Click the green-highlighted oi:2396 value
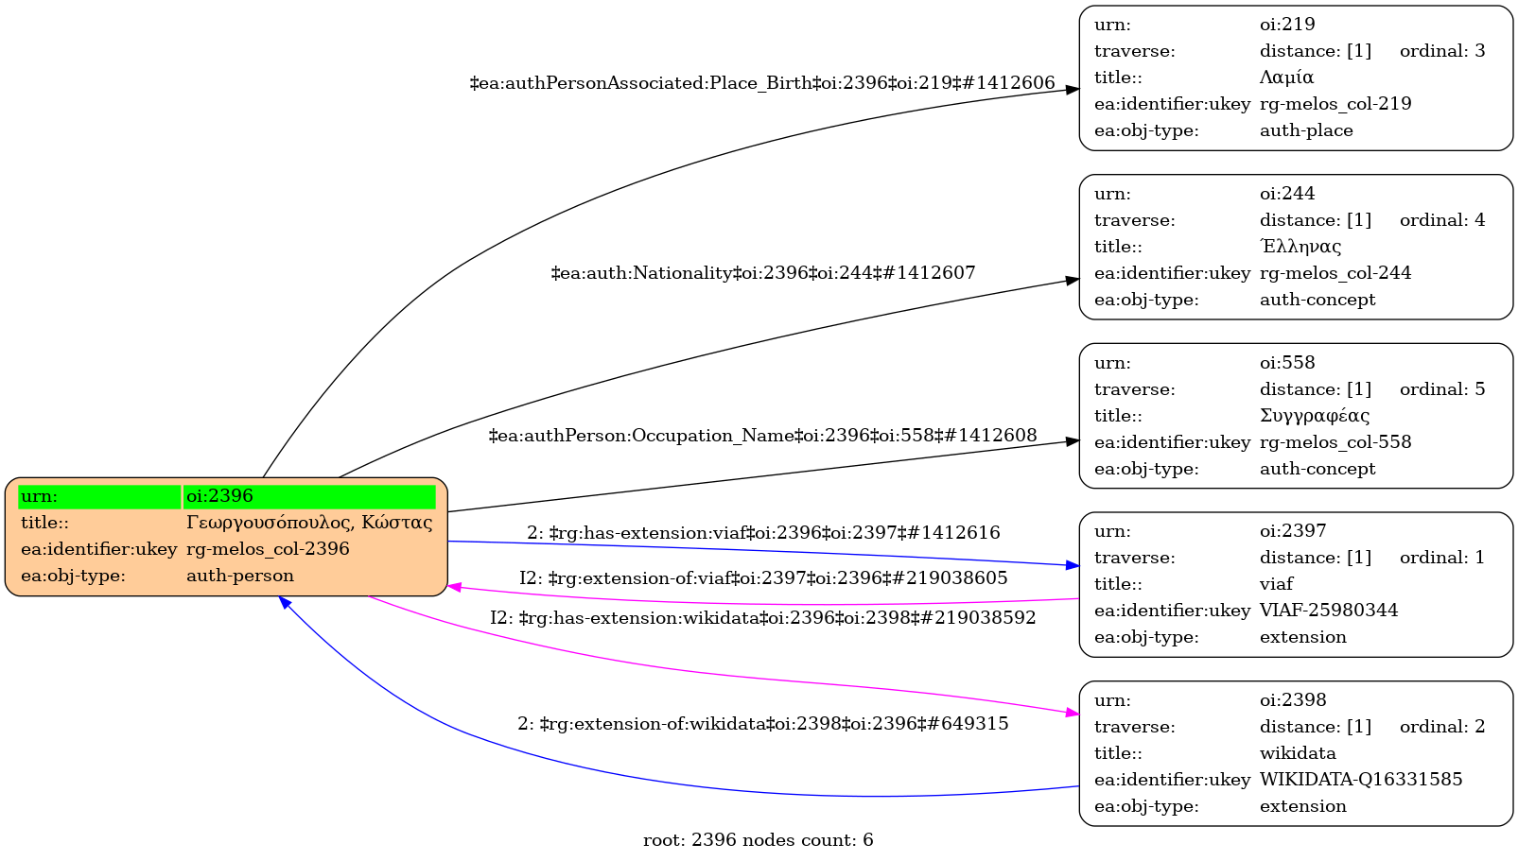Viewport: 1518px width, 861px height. (x=309, y=496)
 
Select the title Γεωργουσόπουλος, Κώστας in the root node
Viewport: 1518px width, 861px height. (x=309, y=523)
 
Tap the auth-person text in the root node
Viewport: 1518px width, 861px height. (x=240, y=576)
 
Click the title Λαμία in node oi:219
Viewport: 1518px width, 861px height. (x=1286, y=77)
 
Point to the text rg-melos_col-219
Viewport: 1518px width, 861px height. (x=1335, y=104)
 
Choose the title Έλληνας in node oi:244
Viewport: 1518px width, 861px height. (x=1300, y=247)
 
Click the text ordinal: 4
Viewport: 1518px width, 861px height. (x=1442, y=220)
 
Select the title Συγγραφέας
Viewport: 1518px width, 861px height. (x=1315, y=416)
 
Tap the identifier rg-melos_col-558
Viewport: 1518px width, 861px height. (x=1335, y=442)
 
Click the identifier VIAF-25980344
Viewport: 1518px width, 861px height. (x=1329, y=611)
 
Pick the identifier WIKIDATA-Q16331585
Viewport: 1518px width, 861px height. (x=1361, y=780)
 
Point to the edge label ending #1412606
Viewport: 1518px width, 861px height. (x=762, y=83)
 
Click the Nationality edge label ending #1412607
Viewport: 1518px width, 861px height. (x=763, y=273)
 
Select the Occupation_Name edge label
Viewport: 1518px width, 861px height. (x=762, y=436)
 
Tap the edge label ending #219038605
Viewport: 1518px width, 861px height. (x=763, y=578)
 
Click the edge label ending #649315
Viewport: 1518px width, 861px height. (x=763, y=724)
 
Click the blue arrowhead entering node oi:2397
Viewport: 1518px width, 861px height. (x=1073, y=565)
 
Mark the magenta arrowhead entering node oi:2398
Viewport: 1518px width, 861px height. (x=1073, y=714)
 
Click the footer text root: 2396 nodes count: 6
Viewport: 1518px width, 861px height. (x=759, y=840)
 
